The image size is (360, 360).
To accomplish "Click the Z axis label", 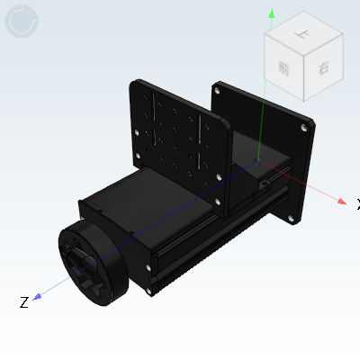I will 24,302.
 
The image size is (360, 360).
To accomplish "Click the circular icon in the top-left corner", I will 22,22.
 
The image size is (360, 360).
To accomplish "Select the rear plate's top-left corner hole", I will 219,90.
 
